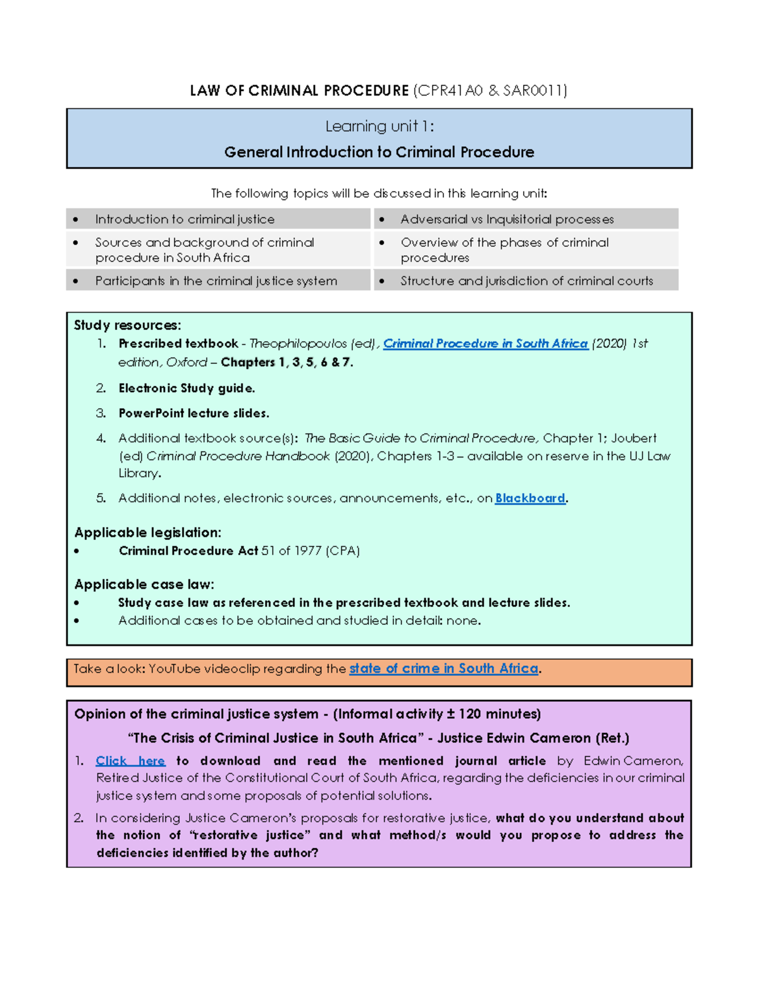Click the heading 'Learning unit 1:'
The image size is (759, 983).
(x=379, y=127)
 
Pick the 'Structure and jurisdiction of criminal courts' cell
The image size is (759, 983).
(x=526, y=280)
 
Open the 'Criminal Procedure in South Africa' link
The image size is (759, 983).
(x=485, y=344)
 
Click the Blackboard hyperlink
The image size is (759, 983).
(x=530, y=498)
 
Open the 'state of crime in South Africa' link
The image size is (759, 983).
(x=443, y=668)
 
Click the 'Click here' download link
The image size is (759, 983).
(x=130, y=761)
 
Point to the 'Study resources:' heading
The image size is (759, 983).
(x=127, y=325)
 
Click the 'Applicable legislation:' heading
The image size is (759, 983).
(x=147, y=532)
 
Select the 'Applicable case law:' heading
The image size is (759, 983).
(x=144, y=584)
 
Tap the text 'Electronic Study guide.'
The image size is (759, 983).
(x=187, y=388)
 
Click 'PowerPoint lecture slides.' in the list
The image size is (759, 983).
(x=194, y=413)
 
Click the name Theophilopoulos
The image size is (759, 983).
(x=298, y=344)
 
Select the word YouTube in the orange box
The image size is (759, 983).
(x=175, y=668)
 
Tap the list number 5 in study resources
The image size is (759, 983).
(x=101, y=498)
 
